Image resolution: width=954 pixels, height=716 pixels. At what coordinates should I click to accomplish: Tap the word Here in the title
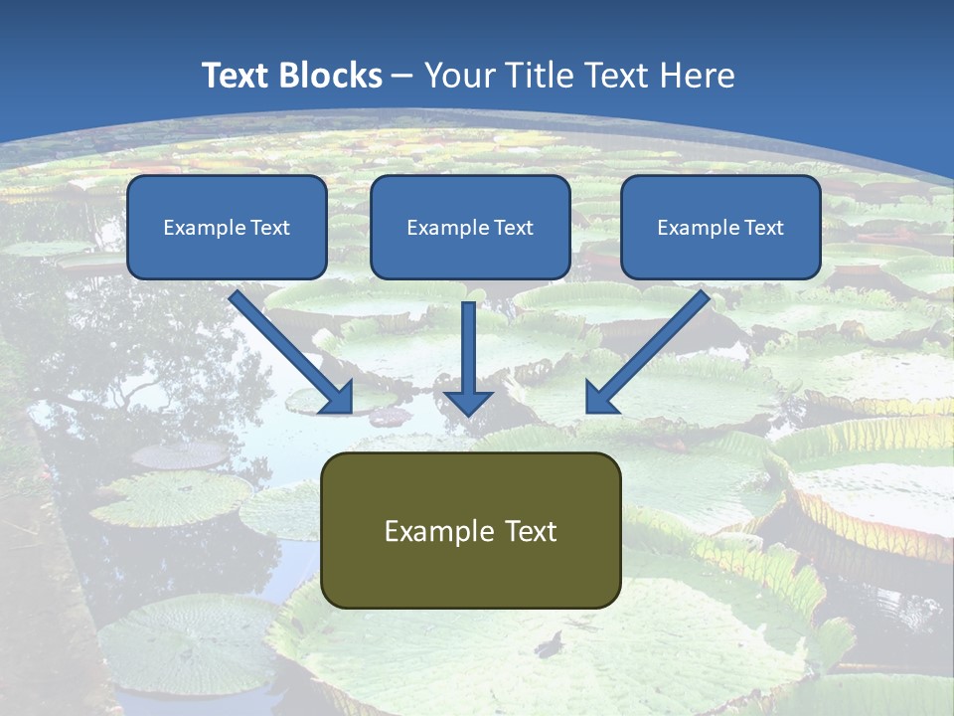tap(697, 76)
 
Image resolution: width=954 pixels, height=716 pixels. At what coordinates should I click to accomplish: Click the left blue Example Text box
tap(227, 228)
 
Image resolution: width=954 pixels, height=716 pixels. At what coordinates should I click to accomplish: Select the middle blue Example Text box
tap(470, 228)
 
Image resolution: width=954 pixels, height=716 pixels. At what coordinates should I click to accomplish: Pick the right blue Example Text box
tap(720, 228)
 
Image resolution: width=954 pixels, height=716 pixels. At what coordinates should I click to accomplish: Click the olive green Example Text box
tap(470, 531)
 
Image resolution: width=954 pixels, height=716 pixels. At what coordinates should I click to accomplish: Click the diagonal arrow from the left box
tap(288, 349)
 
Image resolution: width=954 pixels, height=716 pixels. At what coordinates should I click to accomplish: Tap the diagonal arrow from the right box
tap(651, 349)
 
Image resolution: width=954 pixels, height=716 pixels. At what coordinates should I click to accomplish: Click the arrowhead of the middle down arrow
tap(468, 400)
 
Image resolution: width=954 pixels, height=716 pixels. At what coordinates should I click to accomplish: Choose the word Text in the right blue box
tap(763, 228)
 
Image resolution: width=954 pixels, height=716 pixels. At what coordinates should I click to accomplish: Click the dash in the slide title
tap(402, 77)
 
